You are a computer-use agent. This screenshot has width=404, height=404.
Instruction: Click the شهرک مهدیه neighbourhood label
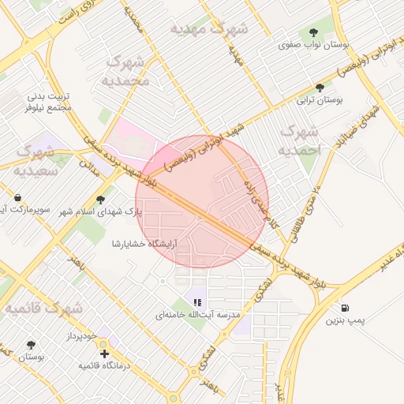(x=208, y=28)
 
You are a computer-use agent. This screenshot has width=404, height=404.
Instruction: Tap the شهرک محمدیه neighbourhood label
(x=126, y=71)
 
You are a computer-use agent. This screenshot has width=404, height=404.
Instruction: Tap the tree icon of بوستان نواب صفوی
(x=314, y=32)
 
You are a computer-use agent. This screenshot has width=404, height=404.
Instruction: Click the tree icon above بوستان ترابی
(x=320, y=88)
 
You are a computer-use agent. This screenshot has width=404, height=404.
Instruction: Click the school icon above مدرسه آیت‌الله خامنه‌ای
(x=196, y=301)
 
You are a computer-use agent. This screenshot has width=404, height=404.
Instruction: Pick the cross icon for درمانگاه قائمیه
(x=104, y=353)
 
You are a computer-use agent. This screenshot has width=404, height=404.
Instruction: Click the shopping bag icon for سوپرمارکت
(x=17, y=197)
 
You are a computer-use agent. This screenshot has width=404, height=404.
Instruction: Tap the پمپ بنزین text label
(x=345, y=322)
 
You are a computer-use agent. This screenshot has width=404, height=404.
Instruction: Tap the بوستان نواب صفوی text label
(x=314, y=46)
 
